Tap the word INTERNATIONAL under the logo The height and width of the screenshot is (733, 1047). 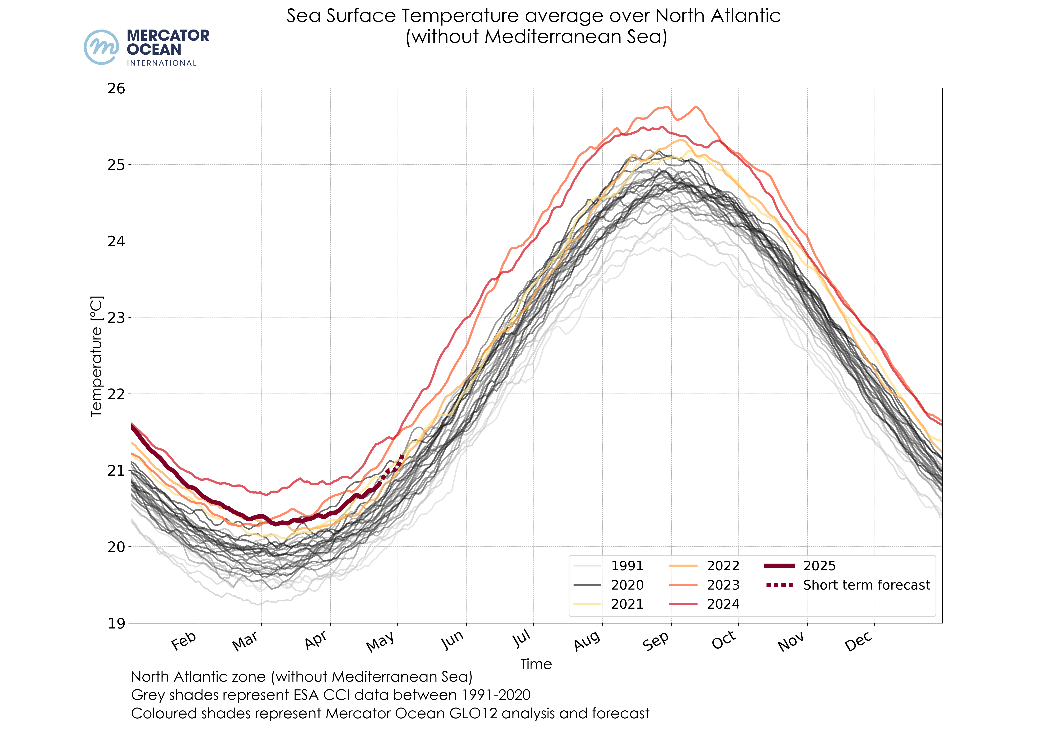click(162, 63)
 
